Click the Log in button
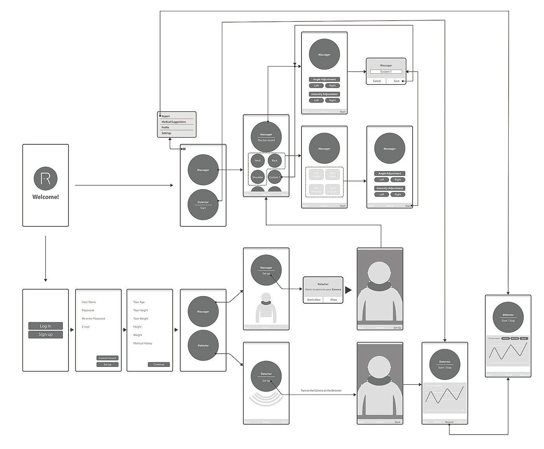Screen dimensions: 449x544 coord(45,326)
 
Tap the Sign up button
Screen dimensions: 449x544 coord(45,335)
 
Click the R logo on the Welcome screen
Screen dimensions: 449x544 coord(45,179)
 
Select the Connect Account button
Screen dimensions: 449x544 coord(107,358)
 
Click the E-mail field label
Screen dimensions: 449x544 coord(85,327)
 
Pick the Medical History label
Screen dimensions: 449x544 coord(143,343)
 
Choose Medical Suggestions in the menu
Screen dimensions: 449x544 coord(174,122)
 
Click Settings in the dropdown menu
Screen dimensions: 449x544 coord(166,133)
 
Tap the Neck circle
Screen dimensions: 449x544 coord(258,161)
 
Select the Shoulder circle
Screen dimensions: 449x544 coord(258,177)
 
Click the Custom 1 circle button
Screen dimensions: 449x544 coord(274,177)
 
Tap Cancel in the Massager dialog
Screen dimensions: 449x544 coord(377,81)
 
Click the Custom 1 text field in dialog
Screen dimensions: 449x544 coord(386,72)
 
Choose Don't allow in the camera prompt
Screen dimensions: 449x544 coord(314,300)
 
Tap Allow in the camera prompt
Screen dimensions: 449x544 coord(333,300)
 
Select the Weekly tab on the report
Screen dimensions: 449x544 coord(506,339)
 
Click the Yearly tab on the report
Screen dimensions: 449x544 coord(524,339)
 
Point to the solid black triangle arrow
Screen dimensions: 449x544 coord(348,290)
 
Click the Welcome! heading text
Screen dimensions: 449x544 coord(45,197)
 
